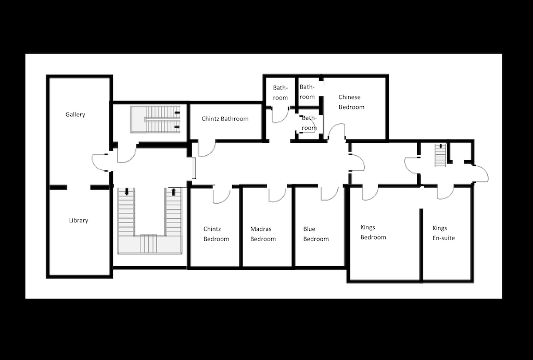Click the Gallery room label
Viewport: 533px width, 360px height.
75,115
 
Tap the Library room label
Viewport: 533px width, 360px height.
79,220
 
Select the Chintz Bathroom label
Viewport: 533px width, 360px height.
225,119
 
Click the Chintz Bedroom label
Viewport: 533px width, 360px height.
216,234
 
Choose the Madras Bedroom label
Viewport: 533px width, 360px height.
263,234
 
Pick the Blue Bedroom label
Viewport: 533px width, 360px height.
316,234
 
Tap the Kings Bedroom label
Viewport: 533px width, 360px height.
373,232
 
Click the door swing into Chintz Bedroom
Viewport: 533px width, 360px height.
221,195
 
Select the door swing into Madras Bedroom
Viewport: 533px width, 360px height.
277,194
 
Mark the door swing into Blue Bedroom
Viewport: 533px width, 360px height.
329,193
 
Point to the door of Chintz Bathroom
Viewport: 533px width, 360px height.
206,148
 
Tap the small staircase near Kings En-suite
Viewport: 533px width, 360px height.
440,155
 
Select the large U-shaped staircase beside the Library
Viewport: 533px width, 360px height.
149,221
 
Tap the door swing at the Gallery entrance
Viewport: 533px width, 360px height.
100,162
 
